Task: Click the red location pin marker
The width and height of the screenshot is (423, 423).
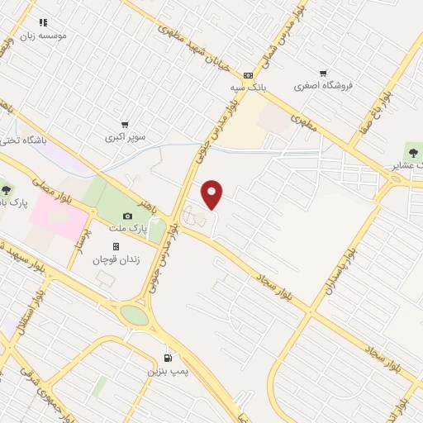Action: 212,194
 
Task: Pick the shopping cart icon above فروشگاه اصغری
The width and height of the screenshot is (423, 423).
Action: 323,73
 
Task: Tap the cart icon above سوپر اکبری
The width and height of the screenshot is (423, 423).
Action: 125,125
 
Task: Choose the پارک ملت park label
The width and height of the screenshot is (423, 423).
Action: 129,226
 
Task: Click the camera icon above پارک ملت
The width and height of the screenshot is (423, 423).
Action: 127,215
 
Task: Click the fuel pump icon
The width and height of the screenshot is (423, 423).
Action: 169,359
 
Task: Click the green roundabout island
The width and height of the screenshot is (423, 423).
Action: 135,316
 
